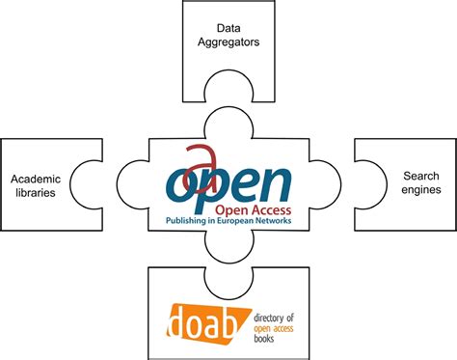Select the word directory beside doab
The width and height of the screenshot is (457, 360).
[x=278, y=317]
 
